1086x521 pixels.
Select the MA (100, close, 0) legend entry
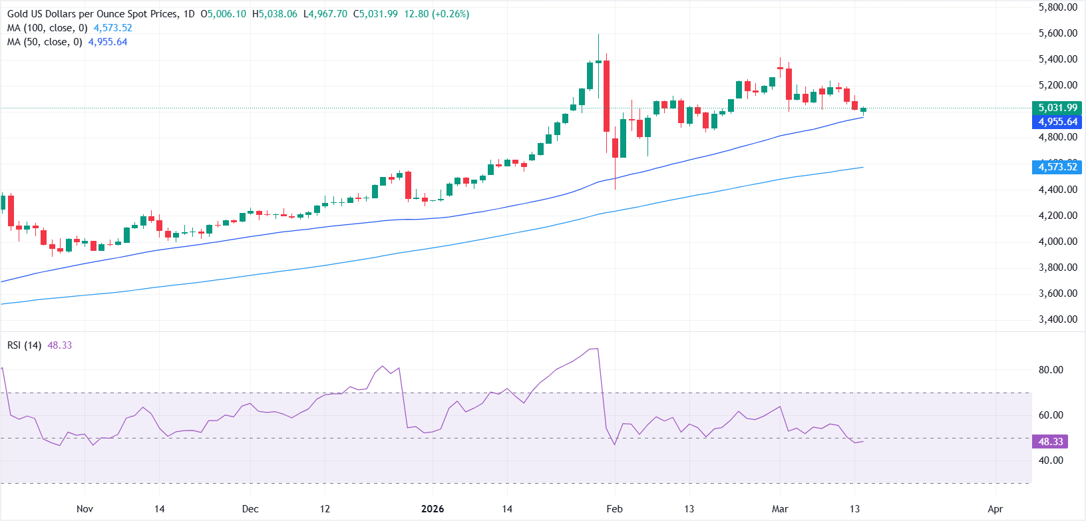click(x=47, y=28)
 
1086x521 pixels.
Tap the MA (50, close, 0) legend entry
click(x=45, y=42)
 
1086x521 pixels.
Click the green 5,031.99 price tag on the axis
click(x=1057, y=108)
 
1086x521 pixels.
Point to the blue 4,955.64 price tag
click(x=1057, y=122)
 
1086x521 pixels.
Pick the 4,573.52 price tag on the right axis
click(x=1057, y=167)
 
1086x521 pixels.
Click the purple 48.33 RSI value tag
click(x=1051, y=442)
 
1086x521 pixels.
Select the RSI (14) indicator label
click(x=25, y=345)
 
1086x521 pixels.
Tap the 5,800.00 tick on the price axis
click(x=1057, y=7)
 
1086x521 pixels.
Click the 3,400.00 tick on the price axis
click(x=1057, y=319)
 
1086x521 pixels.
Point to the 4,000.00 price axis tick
click(x=1057, y=242)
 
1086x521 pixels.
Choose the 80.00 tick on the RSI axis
click(x=1051, y=370)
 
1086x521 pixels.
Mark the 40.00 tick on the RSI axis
click(x=1051, y=460)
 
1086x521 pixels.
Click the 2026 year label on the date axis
click(x=433, y=509)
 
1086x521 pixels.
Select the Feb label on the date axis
click(x=614, y=509)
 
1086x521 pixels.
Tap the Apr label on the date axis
click(x=995, y=509)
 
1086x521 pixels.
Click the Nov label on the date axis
click(x=85, y=509)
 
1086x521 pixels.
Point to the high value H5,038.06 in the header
click(x=274, y=14)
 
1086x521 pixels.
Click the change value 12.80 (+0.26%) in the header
click(x=436, y=14)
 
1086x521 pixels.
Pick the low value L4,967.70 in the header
click(x=325, y=14)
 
